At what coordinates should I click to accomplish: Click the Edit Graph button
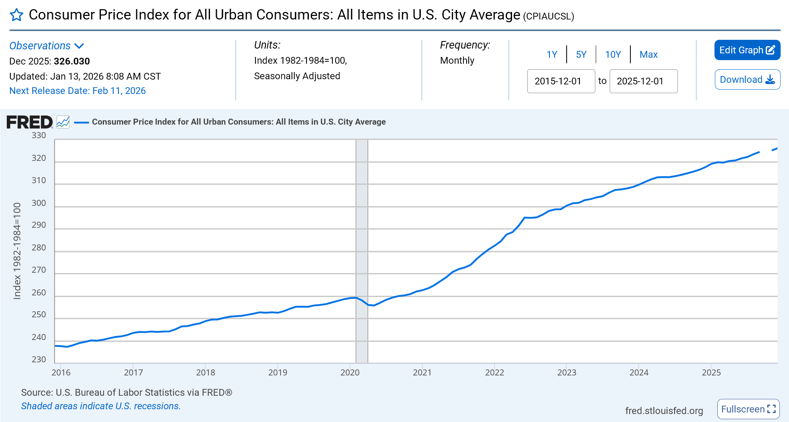[747, 50]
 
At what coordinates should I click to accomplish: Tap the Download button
[747, 80]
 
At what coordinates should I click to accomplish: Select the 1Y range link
[552, 55]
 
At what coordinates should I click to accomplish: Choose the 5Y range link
[581, 55]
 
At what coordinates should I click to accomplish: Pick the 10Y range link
[613, 55]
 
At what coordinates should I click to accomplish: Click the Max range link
[648, 55]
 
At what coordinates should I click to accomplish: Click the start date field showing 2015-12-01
[561, 81]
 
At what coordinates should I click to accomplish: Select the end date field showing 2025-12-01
[643, 81]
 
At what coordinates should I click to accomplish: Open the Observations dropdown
[47, 46]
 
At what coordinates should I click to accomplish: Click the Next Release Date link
[77, 91]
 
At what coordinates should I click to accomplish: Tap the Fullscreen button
[748, 409]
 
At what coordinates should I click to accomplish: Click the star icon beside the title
[16, 15]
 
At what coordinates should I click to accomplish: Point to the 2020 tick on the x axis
[350, 372]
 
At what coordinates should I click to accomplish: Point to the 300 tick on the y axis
[39, 203]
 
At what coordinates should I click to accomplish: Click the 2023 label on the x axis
[567, 373]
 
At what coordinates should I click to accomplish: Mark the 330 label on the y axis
[39, 135]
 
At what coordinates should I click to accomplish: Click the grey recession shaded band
[362, 251]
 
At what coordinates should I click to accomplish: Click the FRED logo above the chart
[29, 122]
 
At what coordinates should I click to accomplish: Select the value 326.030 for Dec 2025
[72, 61]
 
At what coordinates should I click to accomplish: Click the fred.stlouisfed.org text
[664, 410]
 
